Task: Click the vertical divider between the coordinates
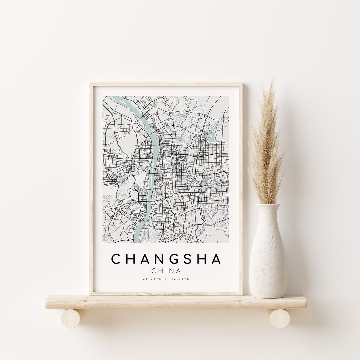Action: click(x=166, y=279)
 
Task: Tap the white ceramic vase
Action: click(x=268, y=253)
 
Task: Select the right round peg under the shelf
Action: click(x=279, y=318)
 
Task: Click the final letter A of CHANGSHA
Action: click(x=215, y=259)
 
